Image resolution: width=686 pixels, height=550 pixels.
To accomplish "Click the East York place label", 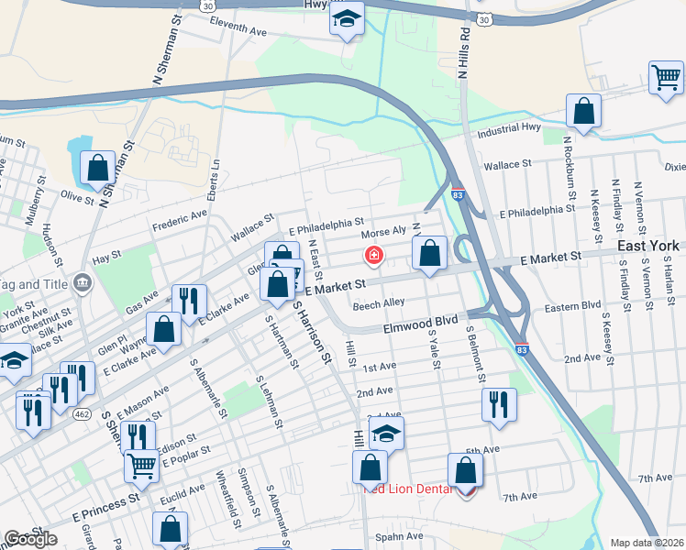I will click(647, 246).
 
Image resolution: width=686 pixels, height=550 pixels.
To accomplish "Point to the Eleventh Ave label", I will click(238, 29).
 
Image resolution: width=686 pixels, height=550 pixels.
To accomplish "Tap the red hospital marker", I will click(373, 255).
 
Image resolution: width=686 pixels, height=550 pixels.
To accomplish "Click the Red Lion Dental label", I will click(409, 489).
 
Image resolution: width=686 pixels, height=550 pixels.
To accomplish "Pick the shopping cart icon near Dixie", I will click(665, 76).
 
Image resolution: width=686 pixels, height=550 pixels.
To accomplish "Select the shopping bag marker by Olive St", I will click(96, 168).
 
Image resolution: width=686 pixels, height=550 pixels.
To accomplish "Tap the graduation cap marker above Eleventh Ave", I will click(347, 18).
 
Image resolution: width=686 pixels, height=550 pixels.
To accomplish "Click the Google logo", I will click(30, 539).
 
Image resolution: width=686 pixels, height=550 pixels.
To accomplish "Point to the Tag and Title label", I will click(34, 283).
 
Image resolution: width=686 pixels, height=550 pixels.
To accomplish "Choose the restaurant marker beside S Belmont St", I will click(498, 402).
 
